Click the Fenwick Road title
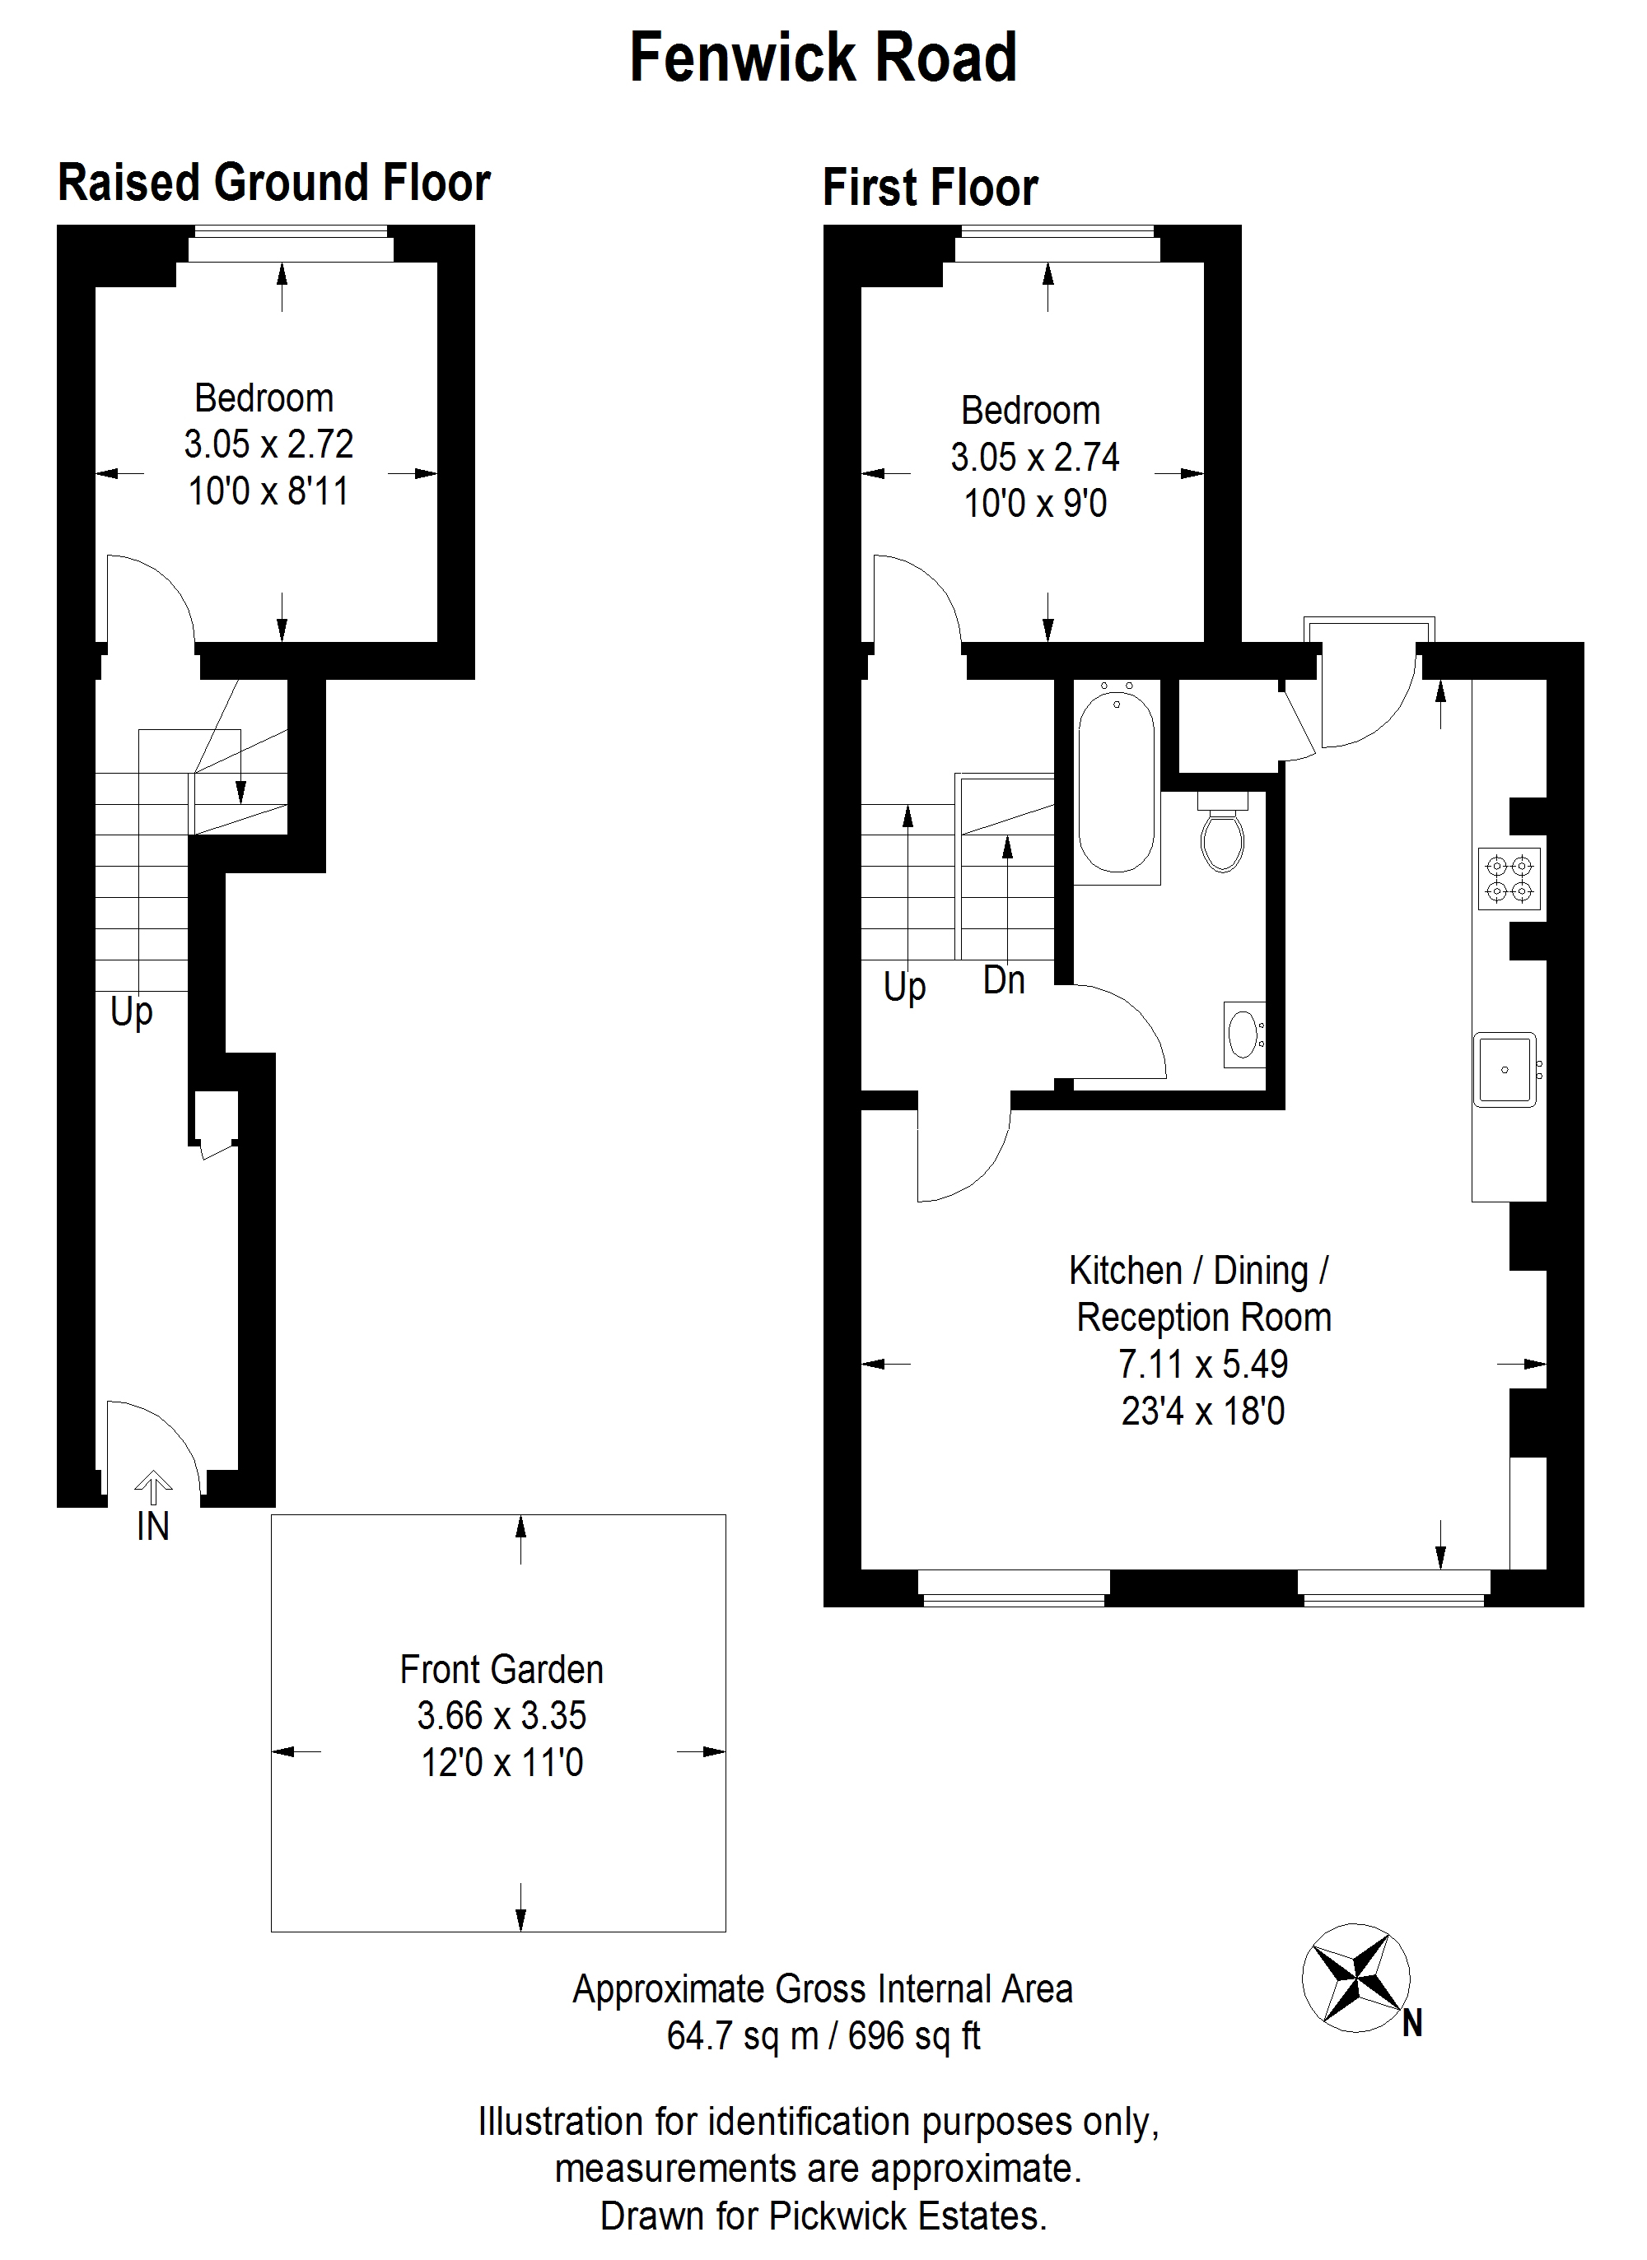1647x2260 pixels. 823,58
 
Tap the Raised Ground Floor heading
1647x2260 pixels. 274,183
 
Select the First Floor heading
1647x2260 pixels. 931,188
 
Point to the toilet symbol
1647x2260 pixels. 1223,832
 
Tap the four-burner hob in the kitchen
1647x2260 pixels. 1509,878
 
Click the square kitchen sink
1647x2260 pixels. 1505,1069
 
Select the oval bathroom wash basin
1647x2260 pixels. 1244,1035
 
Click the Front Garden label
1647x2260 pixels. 502,1669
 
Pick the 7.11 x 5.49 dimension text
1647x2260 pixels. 1203,1363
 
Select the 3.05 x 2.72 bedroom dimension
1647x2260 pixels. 268,444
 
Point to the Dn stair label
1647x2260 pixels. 1004,980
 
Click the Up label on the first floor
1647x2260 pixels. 904,988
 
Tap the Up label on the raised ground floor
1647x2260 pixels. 132,1012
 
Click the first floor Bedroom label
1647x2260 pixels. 1031,411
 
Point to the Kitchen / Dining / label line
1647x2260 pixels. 1198,1272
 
